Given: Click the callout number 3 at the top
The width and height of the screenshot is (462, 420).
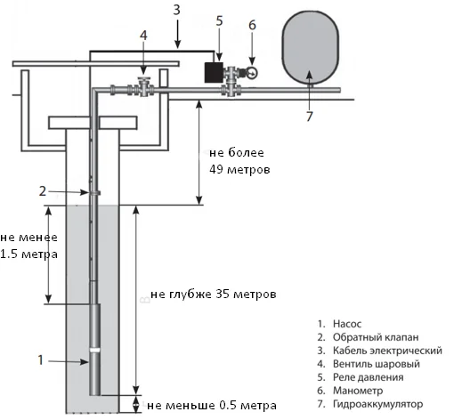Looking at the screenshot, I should pos(177,8).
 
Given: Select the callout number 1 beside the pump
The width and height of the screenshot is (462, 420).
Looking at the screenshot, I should pos(38,360).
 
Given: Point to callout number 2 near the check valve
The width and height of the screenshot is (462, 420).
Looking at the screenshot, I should pos(42,190).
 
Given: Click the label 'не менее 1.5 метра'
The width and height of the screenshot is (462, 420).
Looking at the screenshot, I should pos(28,246).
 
